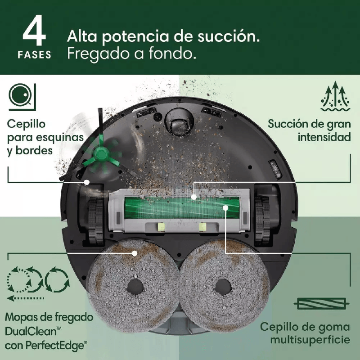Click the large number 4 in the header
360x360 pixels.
tap(35, 32)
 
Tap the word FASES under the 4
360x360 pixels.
tap(35, 55)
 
